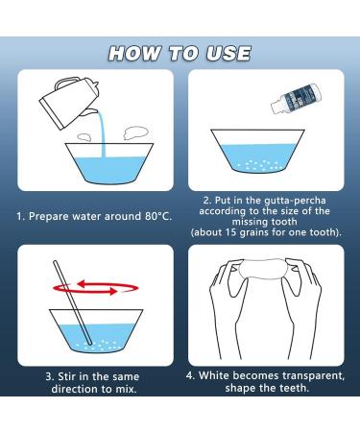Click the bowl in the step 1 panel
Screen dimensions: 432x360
[x=95, y=160]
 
